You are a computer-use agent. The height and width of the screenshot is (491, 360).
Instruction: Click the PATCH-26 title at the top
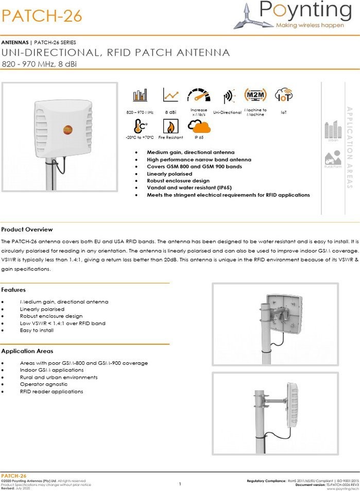coord(42,16)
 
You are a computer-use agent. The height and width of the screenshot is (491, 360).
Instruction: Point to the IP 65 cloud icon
coord(199,126)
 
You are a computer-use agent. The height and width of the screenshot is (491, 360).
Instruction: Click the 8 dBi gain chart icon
coord(170,95)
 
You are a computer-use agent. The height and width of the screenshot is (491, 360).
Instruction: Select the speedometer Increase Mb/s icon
coord(199,96)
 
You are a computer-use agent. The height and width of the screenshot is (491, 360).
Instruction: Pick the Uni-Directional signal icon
coord(227,97)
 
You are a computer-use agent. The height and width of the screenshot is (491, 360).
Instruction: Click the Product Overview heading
coord(27,229)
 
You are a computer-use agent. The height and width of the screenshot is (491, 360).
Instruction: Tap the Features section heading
coord(13,290)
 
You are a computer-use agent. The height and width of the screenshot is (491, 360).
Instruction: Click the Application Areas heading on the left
coord(27,351)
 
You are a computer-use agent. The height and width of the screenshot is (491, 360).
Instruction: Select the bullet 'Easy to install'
coord(37,330)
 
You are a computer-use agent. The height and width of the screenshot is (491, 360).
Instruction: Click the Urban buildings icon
coord(333,130)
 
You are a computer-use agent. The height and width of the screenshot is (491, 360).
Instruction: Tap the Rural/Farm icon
coord(333,158)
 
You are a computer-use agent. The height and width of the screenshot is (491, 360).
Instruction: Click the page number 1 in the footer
coord(180,484)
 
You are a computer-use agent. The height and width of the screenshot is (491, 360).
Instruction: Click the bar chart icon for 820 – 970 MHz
coord(140,96)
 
